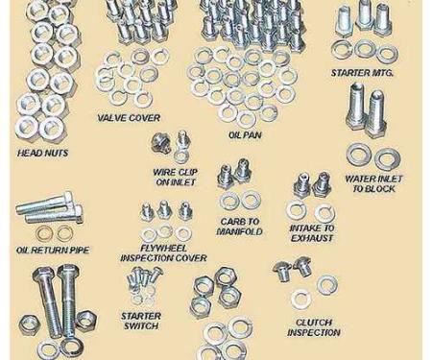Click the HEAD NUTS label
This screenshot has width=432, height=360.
click(x=42, y=153)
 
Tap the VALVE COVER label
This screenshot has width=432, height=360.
click(x=129, y=118)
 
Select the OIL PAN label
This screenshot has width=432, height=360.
click(x=245, y=135)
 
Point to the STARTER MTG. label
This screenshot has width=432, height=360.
click(x=362, y=73)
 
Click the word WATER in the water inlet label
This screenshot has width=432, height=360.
click(x=359, y=179)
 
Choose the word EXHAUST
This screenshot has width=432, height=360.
click(x=312, y=238)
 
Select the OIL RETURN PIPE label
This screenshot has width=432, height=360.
click(x=53, y=250)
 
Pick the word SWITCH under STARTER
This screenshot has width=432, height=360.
click(x=141, y=326)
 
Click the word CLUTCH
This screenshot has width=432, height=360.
click(x=314, y=323)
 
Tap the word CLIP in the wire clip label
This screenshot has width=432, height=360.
click(x=188, y=172)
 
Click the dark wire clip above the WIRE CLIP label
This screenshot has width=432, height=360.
click(x=159, y=143)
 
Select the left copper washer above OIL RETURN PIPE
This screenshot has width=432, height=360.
click(x=43, y=234)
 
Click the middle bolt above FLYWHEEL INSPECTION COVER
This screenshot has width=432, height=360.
click(x=164, y=209)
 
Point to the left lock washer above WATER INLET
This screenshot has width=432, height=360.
click(x=358, y=156)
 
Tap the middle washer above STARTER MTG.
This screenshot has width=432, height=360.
click(x=365, y=49)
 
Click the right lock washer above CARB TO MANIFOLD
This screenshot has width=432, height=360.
click(x=251, y=200)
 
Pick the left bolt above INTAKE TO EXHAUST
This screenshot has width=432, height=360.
click(x=301, y=185)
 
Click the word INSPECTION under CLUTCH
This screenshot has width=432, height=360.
click(x=314, y=332)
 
